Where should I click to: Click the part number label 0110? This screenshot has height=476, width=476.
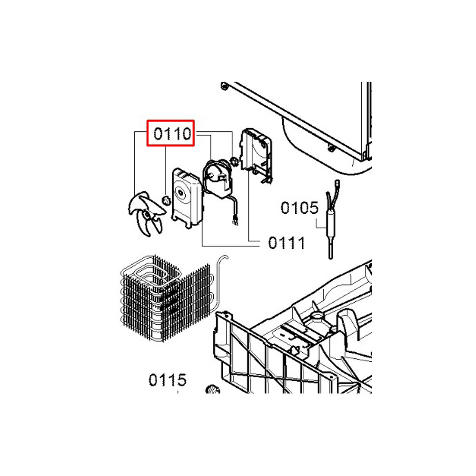(172, 134)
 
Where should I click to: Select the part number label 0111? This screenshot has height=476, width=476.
(286, 243)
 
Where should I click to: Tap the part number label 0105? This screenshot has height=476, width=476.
(299, 208)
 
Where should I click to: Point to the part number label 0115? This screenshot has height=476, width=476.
(167, 380)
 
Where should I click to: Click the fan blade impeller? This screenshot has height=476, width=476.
(146, 214)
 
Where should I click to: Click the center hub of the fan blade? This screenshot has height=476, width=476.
(147, 215)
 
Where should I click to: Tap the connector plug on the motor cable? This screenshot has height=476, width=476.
(235, 222)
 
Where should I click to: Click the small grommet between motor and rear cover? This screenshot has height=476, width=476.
(234, 161)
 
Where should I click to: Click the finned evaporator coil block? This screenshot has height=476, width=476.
(166, 297)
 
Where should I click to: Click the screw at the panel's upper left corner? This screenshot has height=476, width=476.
(224, 86)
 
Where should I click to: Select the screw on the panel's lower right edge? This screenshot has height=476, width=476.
(331, 148)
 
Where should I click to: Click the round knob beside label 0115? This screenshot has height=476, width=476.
(212, 389)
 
